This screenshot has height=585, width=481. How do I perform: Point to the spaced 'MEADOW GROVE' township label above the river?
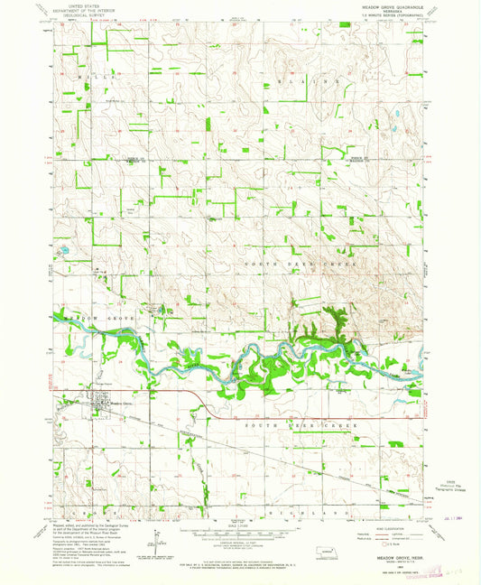pos(90,319)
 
